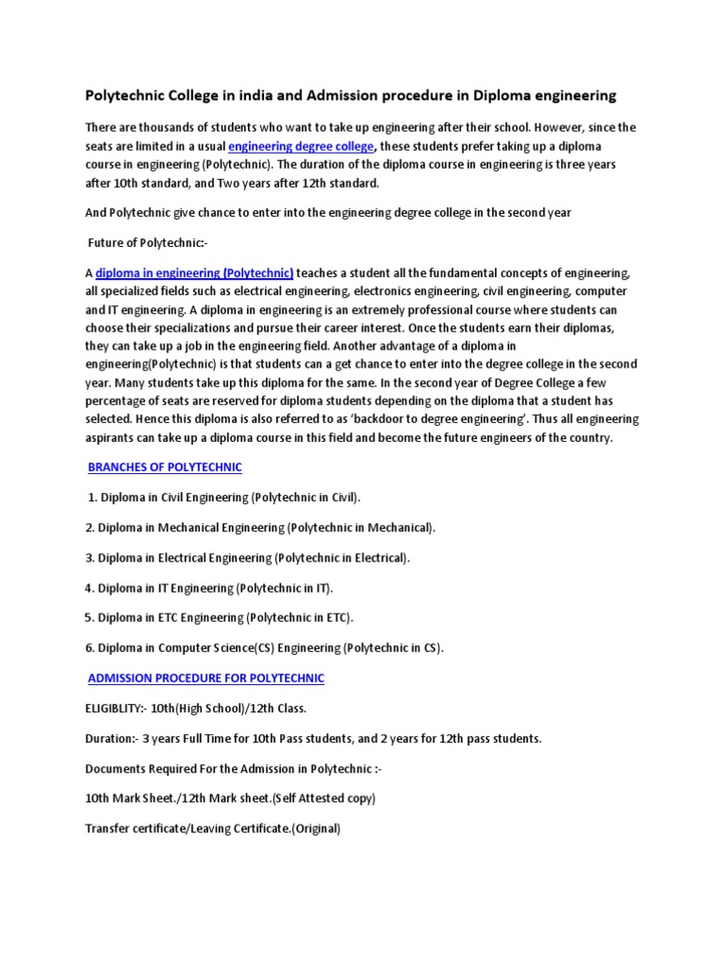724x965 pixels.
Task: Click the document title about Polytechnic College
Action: [x=351, y=95]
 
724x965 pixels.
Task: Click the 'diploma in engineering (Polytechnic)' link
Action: [x=195, y=273]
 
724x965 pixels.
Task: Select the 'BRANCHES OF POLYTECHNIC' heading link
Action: [x=165, y=467]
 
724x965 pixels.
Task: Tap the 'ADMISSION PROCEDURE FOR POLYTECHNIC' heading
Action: [x=206, y=678]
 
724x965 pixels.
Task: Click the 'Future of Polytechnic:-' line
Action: [x=147, y=243]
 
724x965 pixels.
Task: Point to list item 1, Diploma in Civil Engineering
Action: [x=224, y=497]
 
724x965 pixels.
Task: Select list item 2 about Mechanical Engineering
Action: [x=261, y=527]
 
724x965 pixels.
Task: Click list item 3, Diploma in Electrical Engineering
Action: [x=248, y=558]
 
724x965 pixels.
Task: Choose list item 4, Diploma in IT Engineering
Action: [x=209, y=588]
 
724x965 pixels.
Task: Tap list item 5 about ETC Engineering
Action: [x=219, y=618]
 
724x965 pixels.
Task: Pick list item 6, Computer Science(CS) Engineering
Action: [x=264, y=648]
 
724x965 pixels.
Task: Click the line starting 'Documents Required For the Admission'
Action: [x=233, y=769]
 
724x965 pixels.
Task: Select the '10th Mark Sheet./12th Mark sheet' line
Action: [x=230, y=799]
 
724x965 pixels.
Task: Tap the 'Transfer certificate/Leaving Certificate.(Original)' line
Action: [x=212, y=829]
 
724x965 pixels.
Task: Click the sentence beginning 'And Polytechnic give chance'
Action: [x=328, y=213]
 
